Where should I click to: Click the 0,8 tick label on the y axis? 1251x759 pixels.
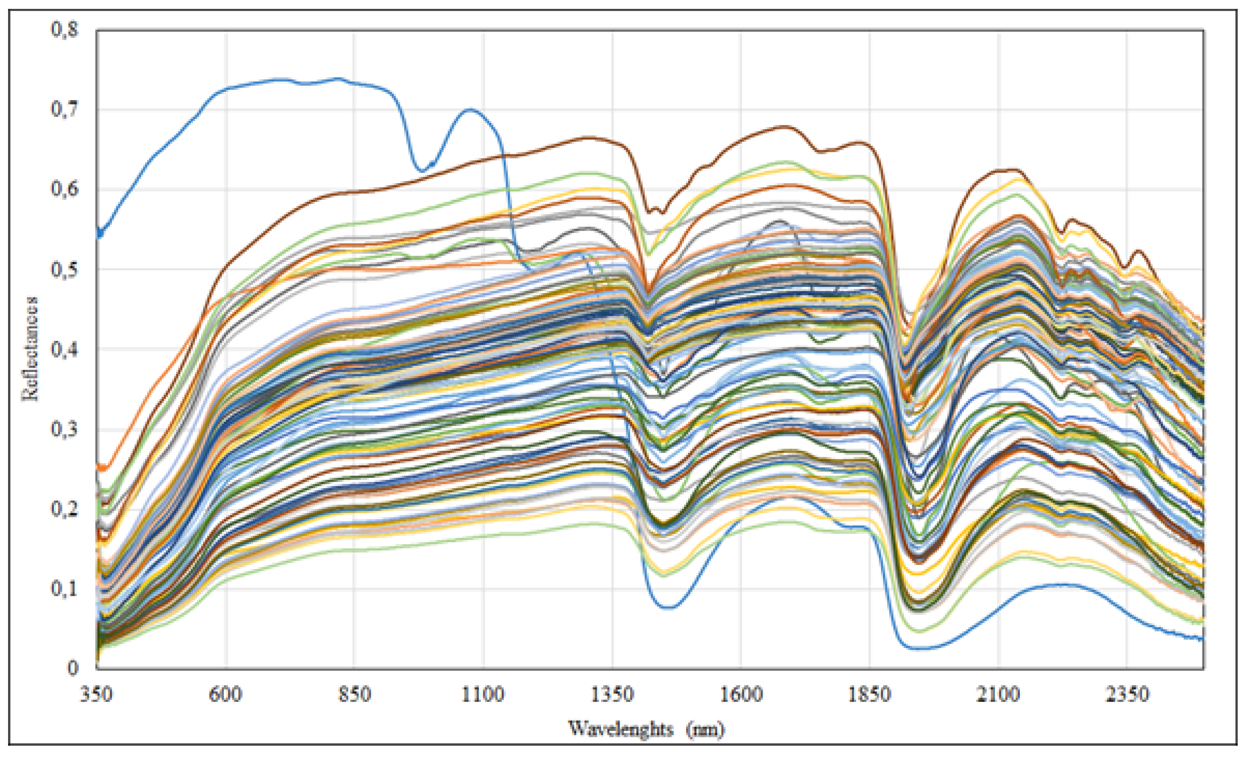click(65, 29)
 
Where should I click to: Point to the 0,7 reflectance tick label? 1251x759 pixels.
click(65, 109)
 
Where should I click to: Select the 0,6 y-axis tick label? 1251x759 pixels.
click(65, 189)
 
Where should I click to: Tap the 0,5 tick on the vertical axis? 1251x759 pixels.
click(65, 269)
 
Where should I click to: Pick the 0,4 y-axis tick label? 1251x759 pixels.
click(65, 350)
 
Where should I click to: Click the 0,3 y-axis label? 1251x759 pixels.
click(65, 429)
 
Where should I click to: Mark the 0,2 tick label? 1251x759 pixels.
click(65, 509)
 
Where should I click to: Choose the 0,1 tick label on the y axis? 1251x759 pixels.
click(65, 589)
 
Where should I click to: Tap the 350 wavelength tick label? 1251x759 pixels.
click(97, 694)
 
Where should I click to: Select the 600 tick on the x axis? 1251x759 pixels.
click(225, 694)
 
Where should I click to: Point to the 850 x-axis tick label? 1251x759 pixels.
click(354, 694)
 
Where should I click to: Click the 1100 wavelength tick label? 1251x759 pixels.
click(483, 694)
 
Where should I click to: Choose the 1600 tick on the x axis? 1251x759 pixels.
click(741, 694)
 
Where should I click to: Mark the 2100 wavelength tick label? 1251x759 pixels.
click(998, 694)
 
